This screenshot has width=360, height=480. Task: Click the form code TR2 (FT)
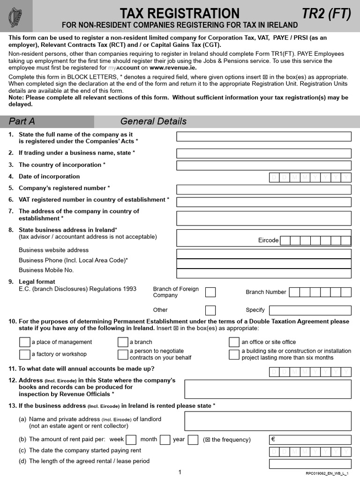(x=326, y=14)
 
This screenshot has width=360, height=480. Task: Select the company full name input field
(x=263, y=136)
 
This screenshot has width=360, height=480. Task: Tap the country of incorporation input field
(x=263, y=165)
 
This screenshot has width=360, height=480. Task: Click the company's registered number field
(x=263, y=189)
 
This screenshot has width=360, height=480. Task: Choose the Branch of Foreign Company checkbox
(x=210, y=292)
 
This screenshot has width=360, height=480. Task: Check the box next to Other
(x=210, y=310)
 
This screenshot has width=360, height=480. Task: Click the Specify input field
(x=310, y=310)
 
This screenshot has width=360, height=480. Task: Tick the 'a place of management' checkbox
(x=24, y=342)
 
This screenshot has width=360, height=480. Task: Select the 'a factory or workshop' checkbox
(x=24, y=354)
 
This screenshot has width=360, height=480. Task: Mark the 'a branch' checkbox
(x=123, y=342)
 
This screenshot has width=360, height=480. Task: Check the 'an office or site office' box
(x=234, y=342)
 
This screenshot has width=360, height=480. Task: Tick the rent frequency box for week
(x=131, y=440)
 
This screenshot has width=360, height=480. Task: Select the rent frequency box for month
(x=165, y=440)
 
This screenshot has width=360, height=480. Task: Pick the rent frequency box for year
(x=192, y=440)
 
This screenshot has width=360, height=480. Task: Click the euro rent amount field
(x=310, y=440)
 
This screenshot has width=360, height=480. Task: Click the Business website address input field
(x=263, y=254)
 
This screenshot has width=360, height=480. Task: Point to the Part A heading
(x=22, y=121)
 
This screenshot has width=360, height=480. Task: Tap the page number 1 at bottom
(x=180, y=472)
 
